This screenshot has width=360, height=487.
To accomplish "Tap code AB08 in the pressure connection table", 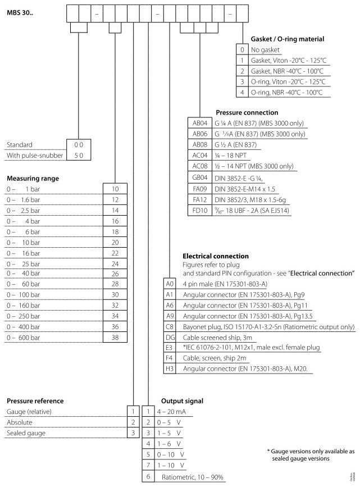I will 200,144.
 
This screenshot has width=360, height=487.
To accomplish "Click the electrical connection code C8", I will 170,326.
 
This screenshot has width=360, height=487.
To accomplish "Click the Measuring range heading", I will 33,178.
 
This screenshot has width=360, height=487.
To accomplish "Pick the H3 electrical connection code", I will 170,368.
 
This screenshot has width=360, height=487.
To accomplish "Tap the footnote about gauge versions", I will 310,455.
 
